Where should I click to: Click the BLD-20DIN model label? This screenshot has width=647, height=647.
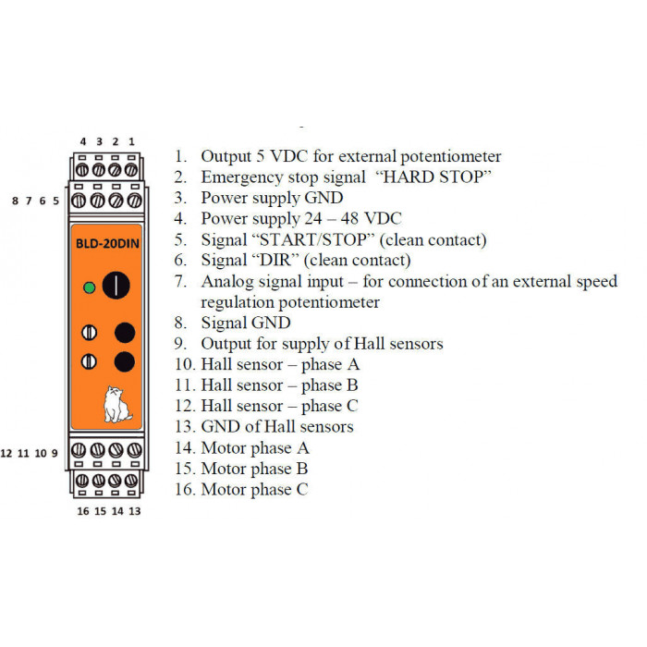pos(107,243)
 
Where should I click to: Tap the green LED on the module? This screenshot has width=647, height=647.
pos(89,287)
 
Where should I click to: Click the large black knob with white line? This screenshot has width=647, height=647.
pos(116,285)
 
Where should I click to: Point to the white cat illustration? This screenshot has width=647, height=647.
pos(117,405)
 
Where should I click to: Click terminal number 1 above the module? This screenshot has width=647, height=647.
pos(131,141)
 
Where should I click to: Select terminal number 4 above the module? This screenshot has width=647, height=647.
pos(83,141)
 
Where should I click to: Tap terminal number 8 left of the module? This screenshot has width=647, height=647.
pos(16,201)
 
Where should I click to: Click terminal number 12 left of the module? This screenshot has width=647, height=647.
pos(6,454)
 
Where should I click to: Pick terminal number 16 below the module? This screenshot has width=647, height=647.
pos(83,511)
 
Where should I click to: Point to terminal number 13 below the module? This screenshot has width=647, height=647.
pos(135,511)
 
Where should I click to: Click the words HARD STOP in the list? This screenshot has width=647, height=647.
pos(433,177)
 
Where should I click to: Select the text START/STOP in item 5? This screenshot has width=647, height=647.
pos(312,239)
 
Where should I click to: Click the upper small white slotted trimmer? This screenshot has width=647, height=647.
pos(89,332)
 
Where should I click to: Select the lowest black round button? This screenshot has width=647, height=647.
pos(125,362)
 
